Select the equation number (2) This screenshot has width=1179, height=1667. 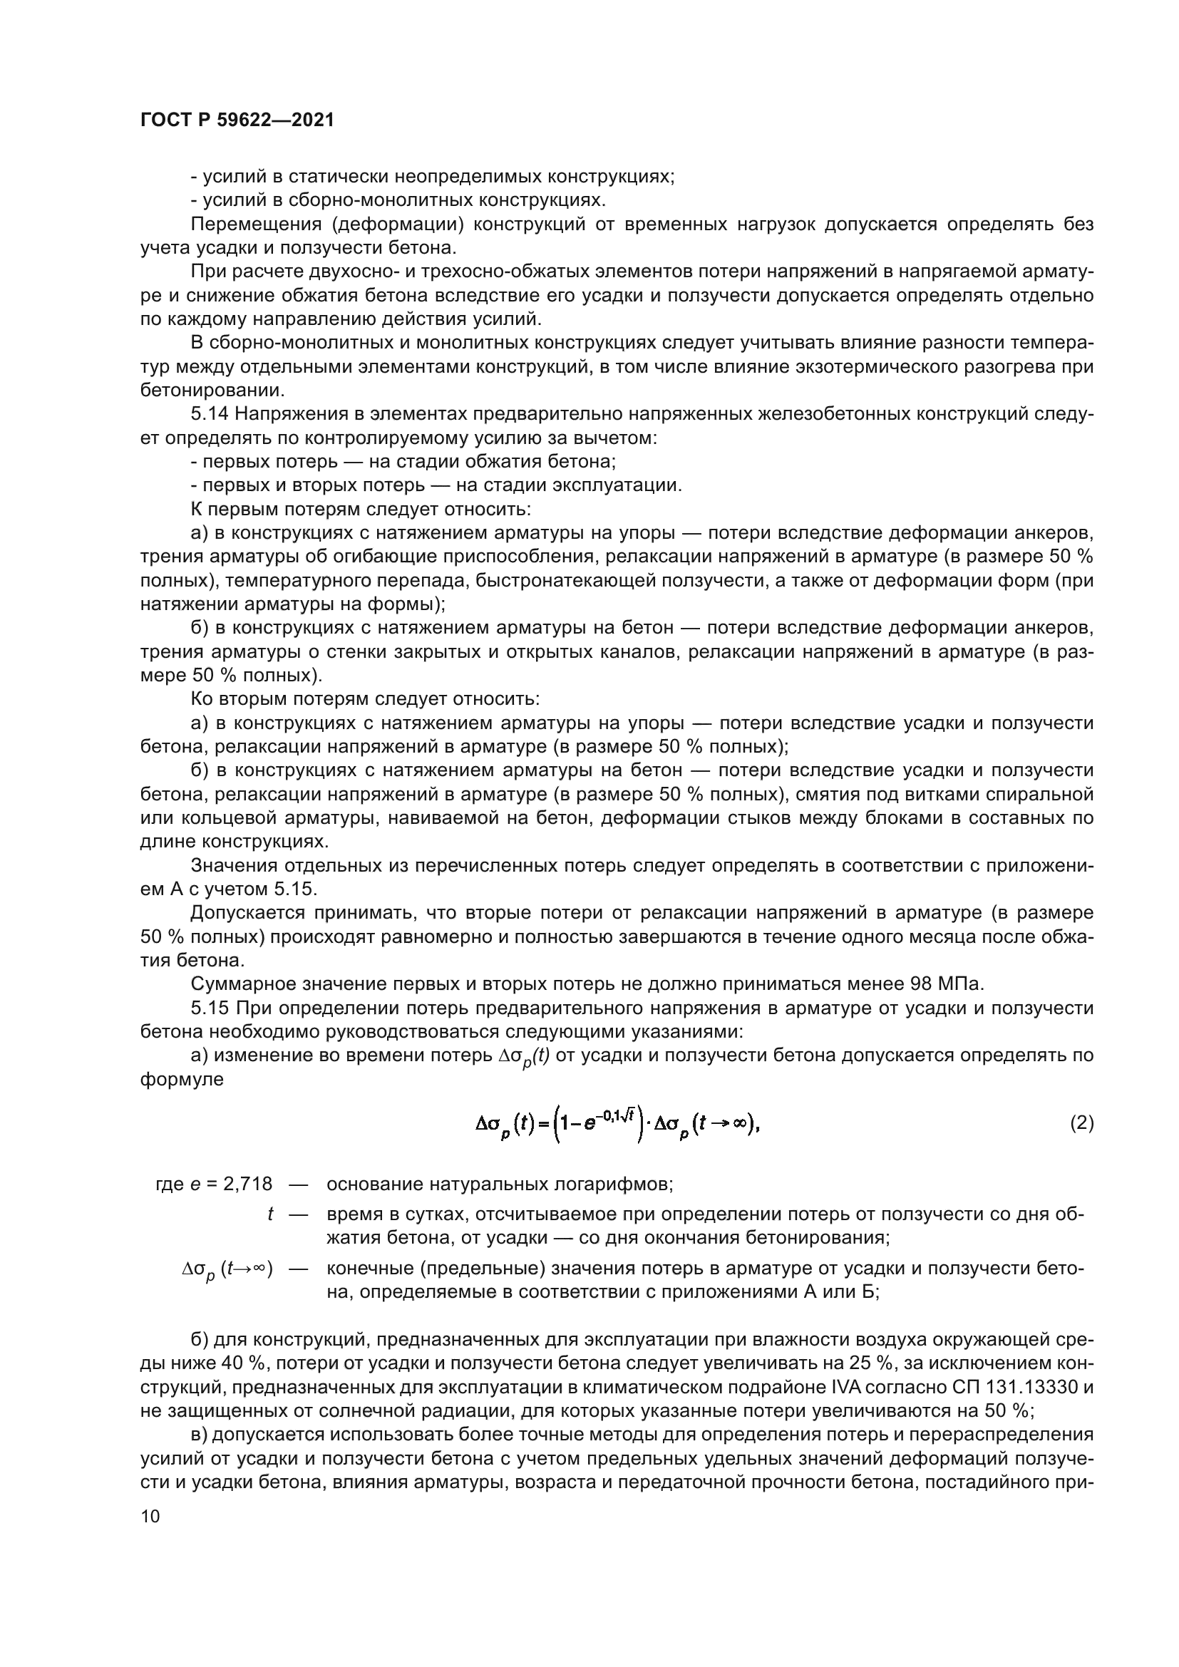coord(1081,1123)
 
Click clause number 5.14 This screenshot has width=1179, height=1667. coord(210,415)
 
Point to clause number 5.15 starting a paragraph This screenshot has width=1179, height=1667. coord(210,1008)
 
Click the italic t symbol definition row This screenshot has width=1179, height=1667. coord(270,1214)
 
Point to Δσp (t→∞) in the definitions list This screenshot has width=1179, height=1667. coord(227,1270)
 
